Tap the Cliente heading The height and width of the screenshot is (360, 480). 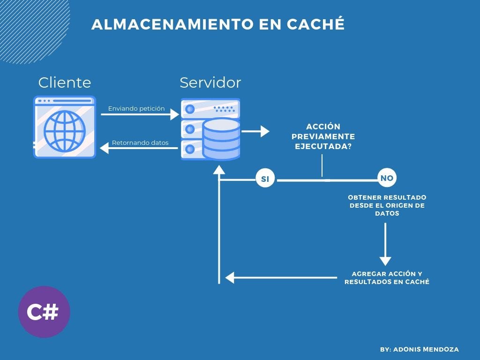[x=65, y=82]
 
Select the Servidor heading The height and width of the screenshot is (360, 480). [x=210, y=82]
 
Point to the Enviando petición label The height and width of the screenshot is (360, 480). [x=136, y=108]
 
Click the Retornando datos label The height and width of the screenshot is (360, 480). [x=140, y=142]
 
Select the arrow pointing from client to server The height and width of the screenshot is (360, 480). [x=140, y=114]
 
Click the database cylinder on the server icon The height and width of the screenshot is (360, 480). [x=221, y=139]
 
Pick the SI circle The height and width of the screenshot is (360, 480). [x=265, y=179]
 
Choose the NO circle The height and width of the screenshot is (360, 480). [x=387, y=178]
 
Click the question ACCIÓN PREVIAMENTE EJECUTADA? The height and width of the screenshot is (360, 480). [x=323, y=136]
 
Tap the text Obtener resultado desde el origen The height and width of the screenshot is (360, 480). [x=387, y=205]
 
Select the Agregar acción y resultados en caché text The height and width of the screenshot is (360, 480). [x=387, y=278]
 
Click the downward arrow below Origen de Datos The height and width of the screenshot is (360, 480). [x=385, y=244]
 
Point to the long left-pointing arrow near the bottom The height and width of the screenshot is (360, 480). [x=281, y=277]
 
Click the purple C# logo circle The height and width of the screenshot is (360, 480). [x=44, y=312]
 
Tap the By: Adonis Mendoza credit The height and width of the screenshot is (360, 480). [x=419, y=349]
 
